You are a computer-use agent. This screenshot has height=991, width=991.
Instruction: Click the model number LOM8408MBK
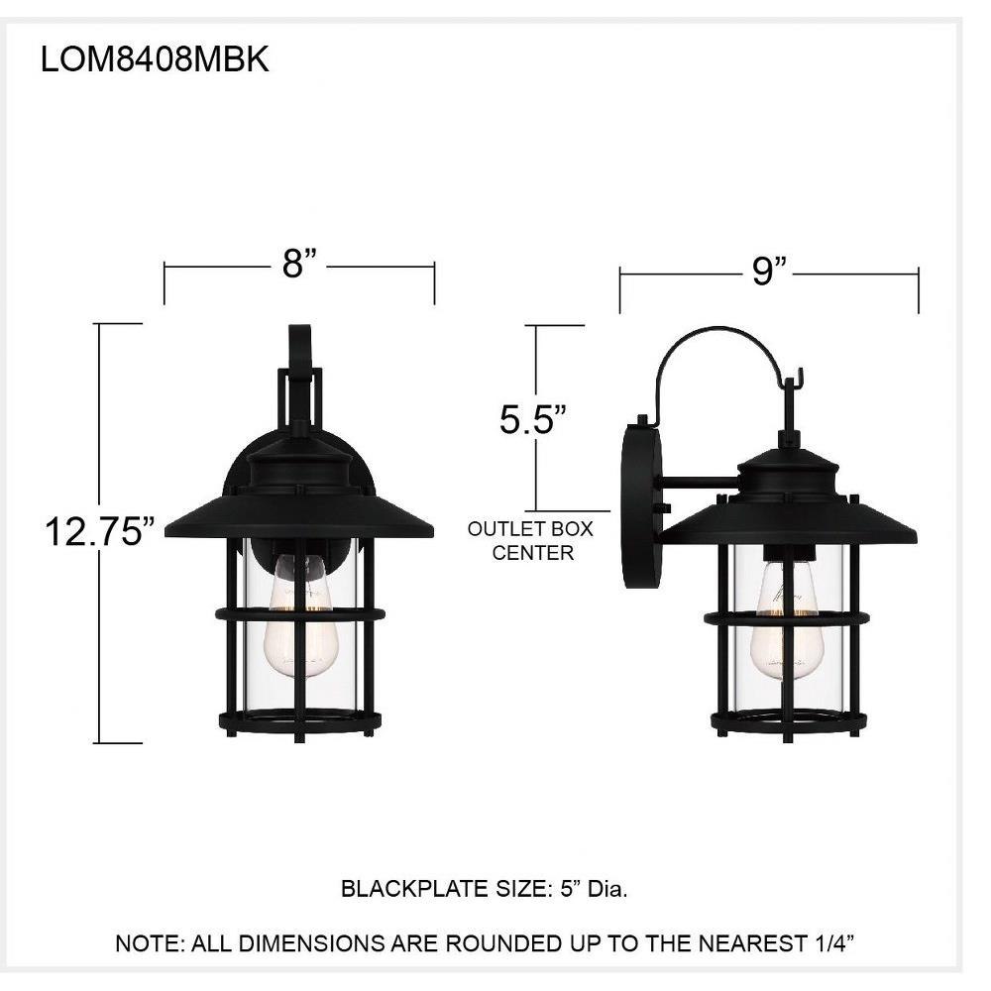(x=155, y=60)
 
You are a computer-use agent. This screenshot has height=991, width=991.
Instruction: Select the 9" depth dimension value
(x=769, y=272)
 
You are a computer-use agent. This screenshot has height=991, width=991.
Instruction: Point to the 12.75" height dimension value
(x=100, y=531)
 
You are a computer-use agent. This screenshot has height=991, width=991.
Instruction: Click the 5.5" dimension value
(x=533, y=419)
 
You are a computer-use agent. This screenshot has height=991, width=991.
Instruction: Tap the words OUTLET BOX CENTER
(x=531, y=540)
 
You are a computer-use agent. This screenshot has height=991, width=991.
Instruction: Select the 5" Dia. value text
(x=594, y=889)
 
